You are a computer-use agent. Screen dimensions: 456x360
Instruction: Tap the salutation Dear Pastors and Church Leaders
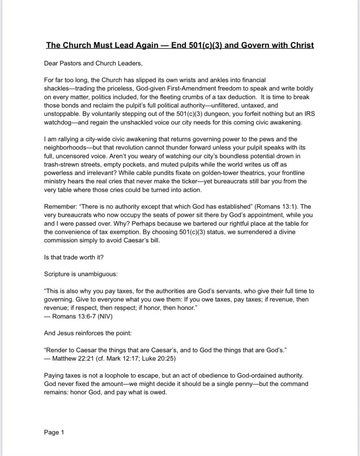pyautogui.click(x=93, y=63)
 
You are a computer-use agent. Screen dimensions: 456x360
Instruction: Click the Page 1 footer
pyautogui.click(x=54, y=432)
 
